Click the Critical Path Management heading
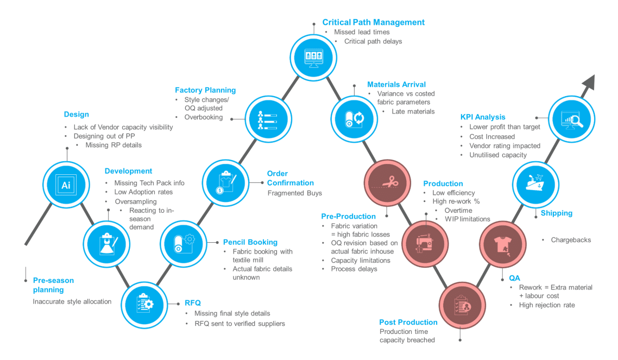(373, 22)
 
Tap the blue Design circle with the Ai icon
(66, 185)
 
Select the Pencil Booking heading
(250, 242)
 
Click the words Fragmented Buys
(294, 193)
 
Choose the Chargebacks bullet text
(571, 239)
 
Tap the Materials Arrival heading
(396, 85)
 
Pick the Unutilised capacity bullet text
(498, 155)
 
